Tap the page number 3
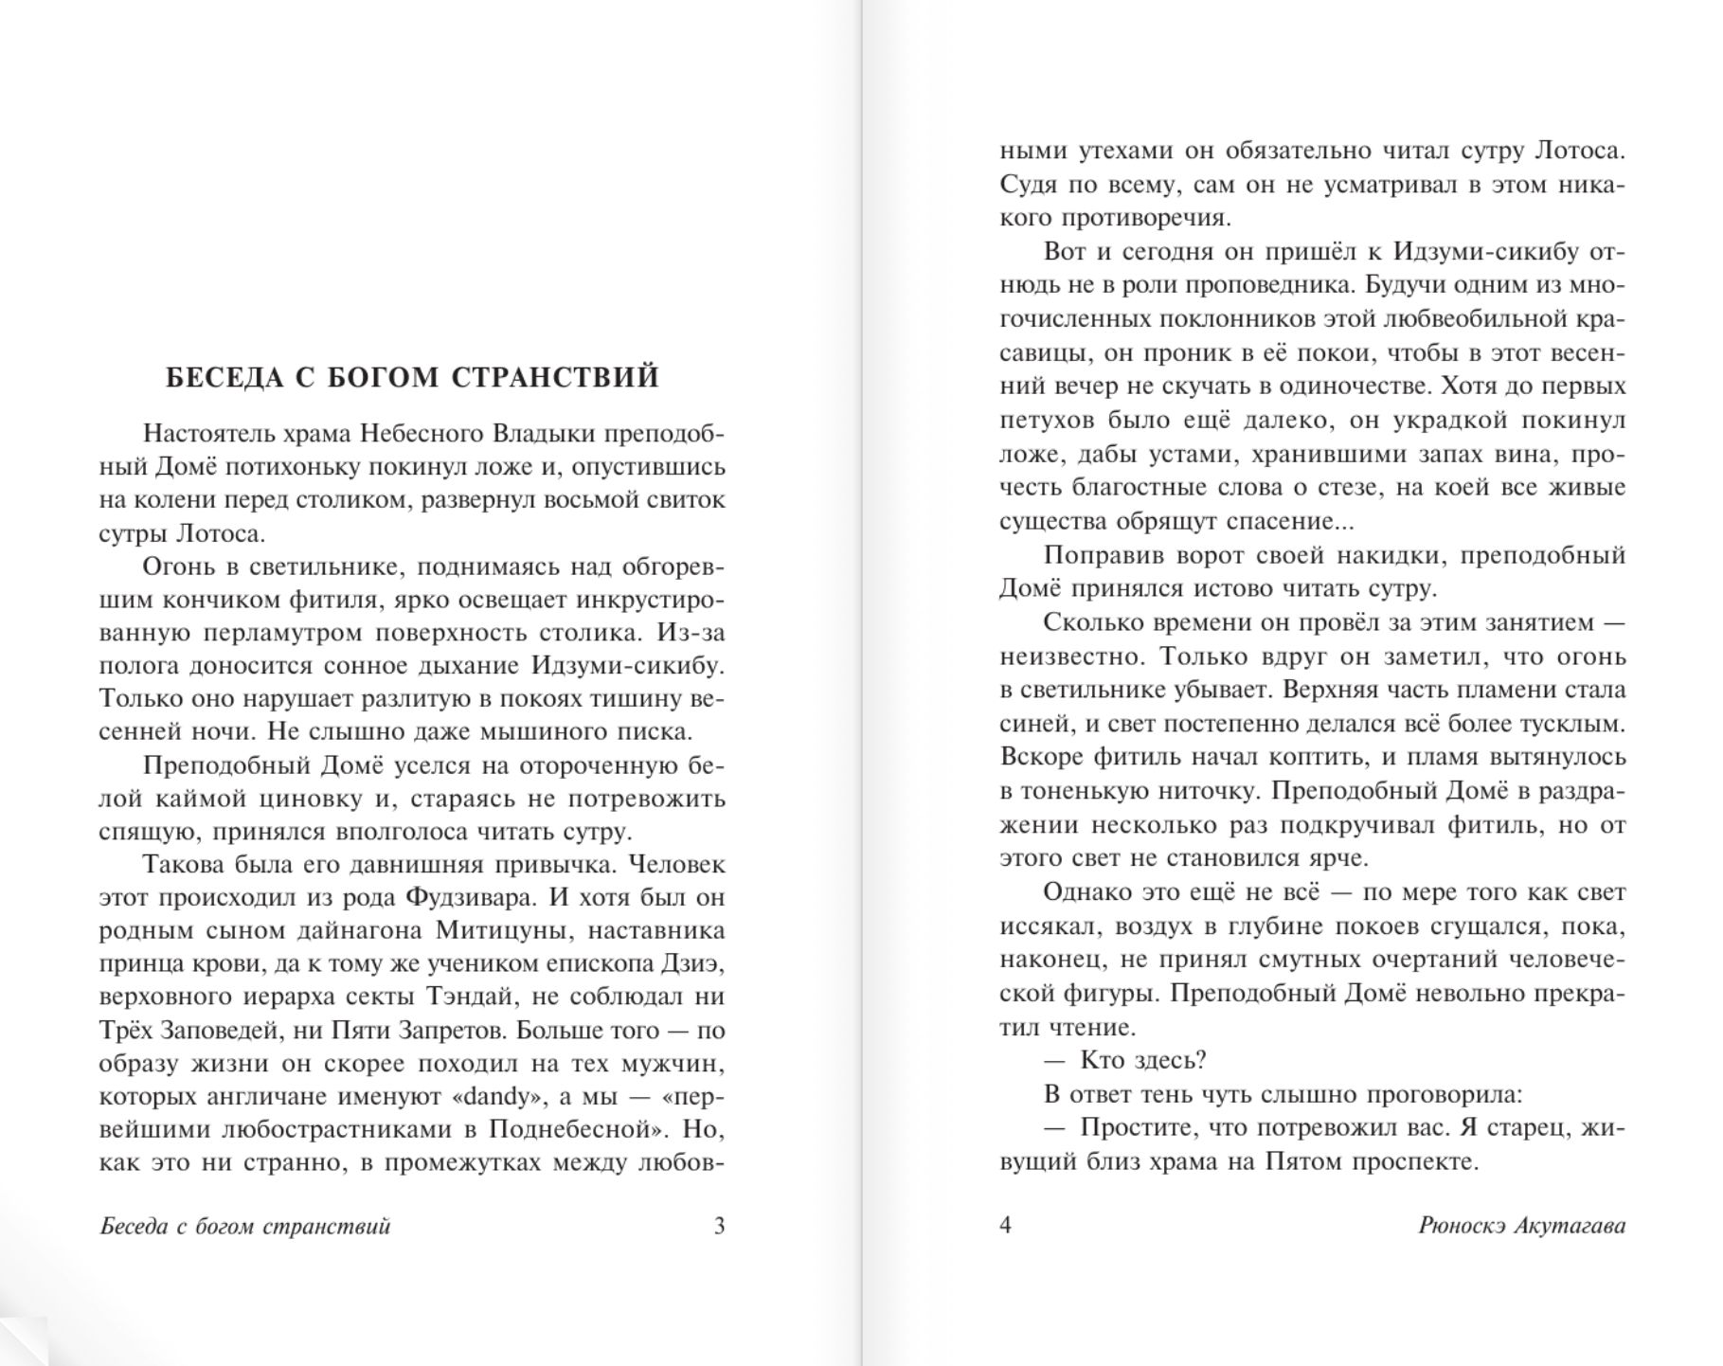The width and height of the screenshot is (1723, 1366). (719, 1226)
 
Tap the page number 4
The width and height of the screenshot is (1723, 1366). (1006, 1225)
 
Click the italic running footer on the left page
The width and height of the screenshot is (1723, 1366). (245, 1226)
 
